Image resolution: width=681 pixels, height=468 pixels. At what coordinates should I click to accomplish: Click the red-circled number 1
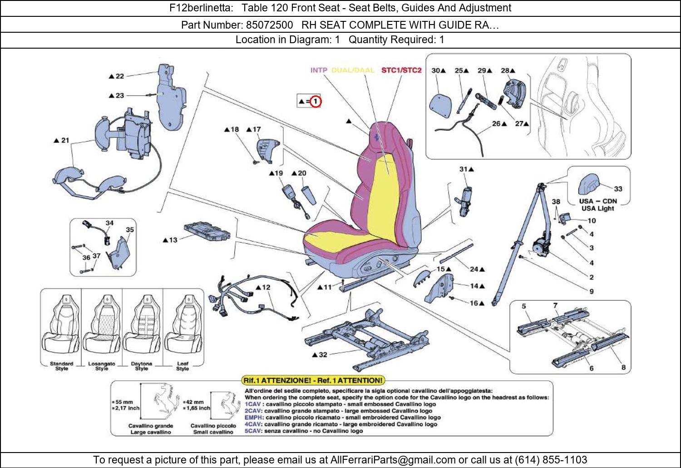coord(316,102)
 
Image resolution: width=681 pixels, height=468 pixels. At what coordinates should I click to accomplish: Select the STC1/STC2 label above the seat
coord(401,70)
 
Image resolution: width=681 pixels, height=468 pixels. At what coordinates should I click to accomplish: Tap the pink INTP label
coord(319,70)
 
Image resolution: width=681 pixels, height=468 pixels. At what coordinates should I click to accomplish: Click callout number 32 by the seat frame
coord(322,354)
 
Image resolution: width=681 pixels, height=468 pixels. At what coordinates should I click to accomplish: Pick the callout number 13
coord(173,240)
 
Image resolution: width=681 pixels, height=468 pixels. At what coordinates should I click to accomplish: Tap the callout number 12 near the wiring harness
coord(266,287)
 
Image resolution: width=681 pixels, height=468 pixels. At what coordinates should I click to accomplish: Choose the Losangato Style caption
coord(102,366)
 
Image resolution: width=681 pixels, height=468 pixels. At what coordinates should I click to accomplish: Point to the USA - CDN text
coord(597,201)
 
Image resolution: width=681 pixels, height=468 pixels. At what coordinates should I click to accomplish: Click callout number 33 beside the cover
coord(618,189)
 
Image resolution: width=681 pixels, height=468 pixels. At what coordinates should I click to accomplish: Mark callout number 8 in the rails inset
coord(623,368)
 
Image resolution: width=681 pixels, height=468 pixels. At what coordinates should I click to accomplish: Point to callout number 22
coord(119,76)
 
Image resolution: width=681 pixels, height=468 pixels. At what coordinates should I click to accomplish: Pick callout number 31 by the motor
coord(464,169)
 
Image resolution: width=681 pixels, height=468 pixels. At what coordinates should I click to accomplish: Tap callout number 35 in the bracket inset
coord(130,230)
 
